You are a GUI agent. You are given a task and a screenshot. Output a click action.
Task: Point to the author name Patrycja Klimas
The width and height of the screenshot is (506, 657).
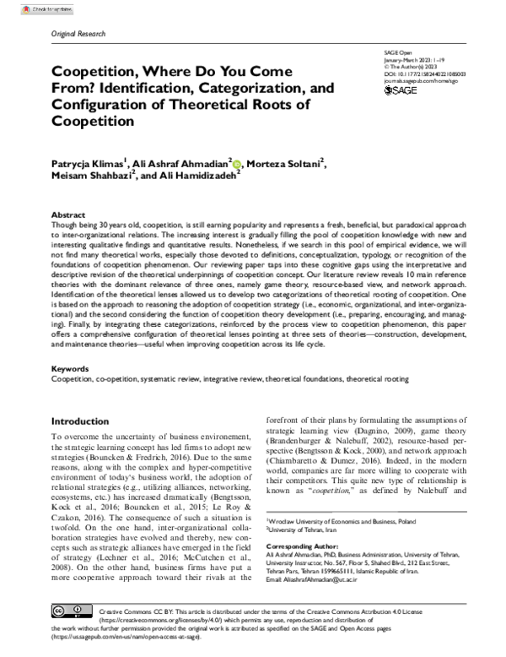pyautogui.click(x=93, y=162)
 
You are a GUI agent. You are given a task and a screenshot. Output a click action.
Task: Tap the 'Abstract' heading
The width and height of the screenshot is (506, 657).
pyautogui.click(x=68, y=215)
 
